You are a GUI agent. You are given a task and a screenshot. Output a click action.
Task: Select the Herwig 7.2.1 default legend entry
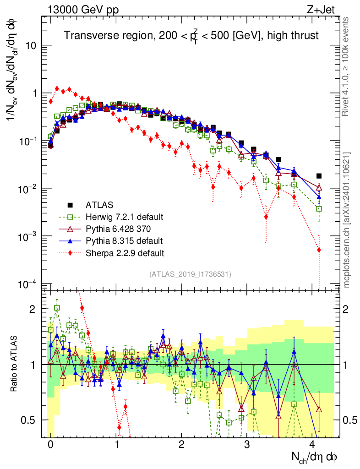[124, 216]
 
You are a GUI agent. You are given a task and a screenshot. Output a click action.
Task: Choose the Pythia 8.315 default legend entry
[123, 240]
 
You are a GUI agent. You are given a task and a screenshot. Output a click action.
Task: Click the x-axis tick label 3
[247, 444]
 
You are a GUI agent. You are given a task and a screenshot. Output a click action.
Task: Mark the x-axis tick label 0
[50, 444]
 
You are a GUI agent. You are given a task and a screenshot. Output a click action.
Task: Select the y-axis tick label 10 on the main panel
[33, 46]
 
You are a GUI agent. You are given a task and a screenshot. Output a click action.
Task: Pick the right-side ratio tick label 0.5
[350, 420]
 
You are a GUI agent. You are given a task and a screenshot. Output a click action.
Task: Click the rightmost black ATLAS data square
[319, 176]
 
